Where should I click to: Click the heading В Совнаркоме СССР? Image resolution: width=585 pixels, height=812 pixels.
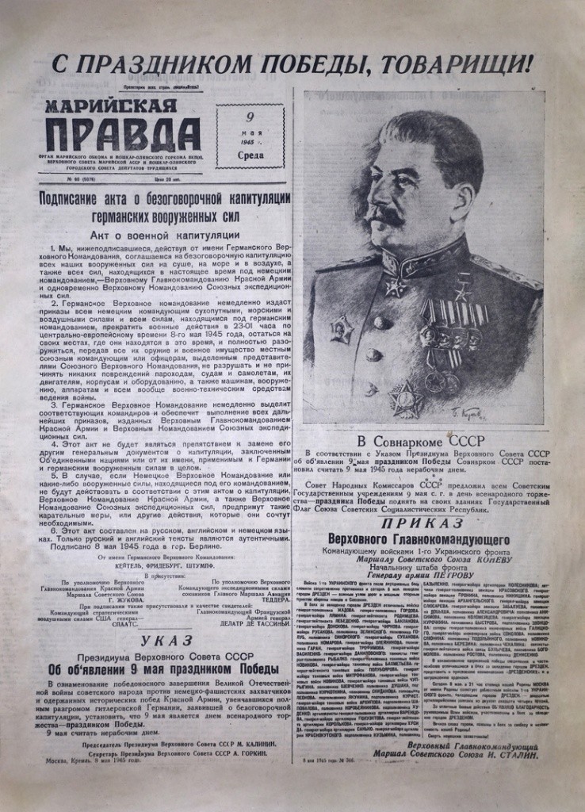pyautogui.click(x=422, y=439)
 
